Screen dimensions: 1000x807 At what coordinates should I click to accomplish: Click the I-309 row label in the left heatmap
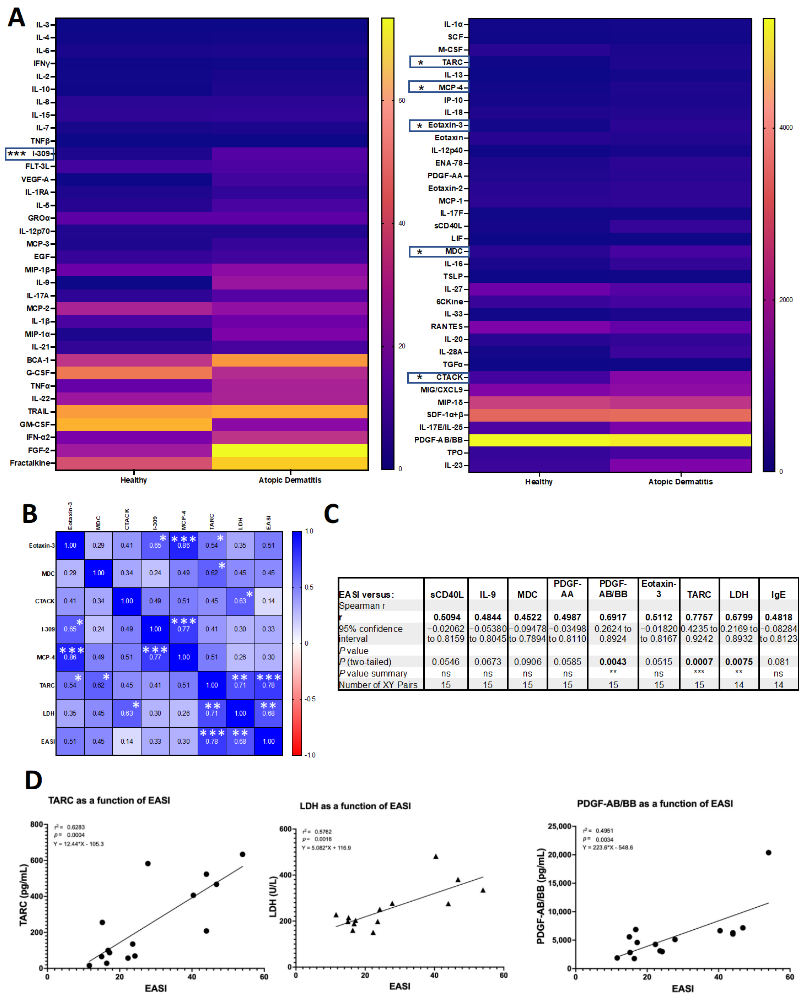pos(41,154)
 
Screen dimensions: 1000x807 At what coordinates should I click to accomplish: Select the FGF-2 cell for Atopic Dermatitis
pos(290,450)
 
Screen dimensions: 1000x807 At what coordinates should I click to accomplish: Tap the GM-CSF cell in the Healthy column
pos(134,424)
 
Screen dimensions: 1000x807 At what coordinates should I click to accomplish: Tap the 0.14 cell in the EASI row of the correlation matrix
pos(127,741)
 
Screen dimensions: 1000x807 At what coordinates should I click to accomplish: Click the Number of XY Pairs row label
pos(378,685)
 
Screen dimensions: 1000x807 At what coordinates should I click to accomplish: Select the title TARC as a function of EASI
pos(109,800)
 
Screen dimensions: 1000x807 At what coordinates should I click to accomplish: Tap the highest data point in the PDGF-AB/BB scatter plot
pos(768,853)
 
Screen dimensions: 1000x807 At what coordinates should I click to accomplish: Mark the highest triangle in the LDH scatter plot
pos(436,856)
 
